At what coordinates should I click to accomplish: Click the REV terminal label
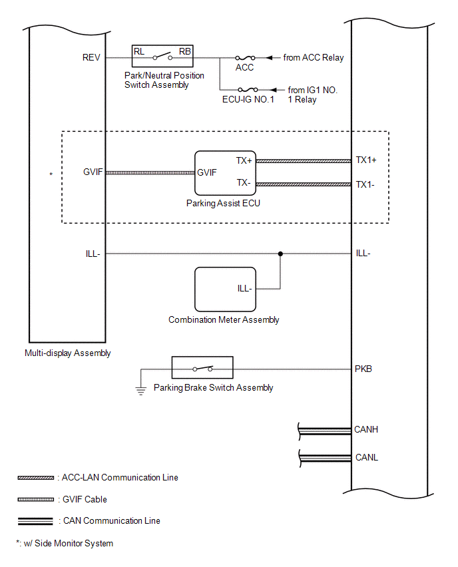[x=91, y=57]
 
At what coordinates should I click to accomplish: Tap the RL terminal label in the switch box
[x=139, y=52]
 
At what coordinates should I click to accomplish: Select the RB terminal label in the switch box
[x=185, y=52]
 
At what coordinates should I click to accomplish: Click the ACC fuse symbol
[x=245, y=57]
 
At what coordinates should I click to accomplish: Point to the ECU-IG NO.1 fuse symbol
[x=248, y=90]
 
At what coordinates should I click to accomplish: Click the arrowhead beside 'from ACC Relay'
[x=269, y=57]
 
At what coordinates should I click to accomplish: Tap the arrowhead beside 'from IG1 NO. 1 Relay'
[x=274, y=90]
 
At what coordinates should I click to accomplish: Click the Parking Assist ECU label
[x=223, y=203]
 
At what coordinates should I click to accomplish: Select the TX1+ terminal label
[x=366, y=160]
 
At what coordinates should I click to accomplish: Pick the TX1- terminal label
[x=365, y=184]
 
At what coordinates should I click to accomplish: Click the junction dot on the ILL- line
[x=280, y=254]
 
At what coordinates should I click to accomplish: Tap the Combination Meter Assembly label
[x=224, y=319]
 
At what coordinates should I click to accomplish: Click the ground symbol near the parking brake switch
[x=140, y=391]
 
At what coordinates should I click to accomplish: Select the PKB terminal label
[x=363, y=369]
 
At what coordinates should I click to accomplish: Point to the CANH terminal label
[x=366, y=429]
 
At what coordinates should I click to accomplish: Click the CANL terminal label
[x=367, y=457]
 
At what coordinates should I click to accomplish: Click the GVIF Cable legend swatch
[x=36, y=499]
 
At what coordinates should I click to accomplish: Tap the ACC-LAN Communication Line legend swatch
[x=36, y=478]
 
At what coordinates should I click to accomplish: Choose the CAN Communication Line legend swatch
[x=35, y=521]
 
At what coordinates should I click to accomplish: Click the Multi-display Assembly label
[x=68, y=353]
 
